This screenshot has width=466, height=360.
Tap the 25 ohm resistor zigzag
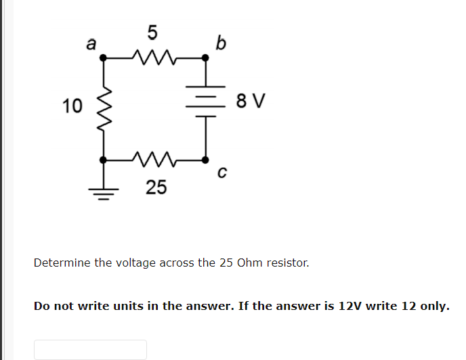click(155, 160)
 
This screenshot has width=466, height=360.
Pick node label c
click(221, 174)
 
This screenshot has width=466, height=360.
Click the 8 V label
click(251, 103)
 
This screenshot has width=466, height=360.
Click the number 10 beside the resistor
click(72, 106)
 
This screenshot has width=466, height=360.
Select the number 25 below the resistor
click(156, 187)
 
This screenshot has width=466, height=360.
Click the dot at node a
click(104, 59)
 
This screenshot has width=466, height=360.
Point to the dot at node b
click(205, 59)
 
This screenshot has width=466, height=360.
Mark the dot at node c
click(205, 160)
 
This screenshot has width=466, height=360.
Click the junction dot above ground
click(104, 160)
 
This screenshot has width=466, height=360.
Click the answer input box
click(90, 349)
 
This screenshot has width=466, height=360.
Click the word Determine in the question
click(62, 263)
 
